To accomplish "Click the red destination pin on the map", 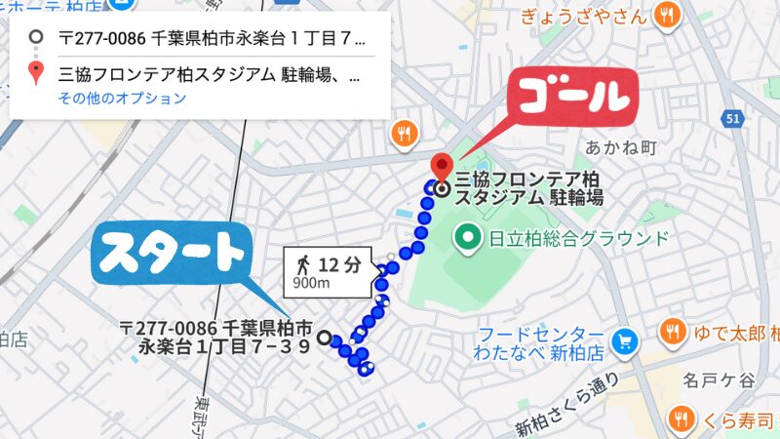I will coord(441,168).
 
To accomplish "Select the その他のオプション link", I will coord(122,99).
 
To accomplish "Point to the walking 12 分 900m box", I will coord(329,271).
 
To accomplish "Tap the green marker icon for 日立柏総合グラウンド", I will coord(469,237).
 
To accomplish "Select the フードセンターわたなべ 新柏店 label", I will coord(539,341).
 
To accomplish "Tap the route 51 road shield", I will coord(734,118).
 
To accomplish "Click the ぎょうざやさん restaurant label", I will coord(584,16).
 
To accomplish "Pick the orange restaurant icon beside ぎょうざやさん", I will coord(667,15).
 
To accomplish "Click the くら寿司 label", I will coord(733,420).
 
